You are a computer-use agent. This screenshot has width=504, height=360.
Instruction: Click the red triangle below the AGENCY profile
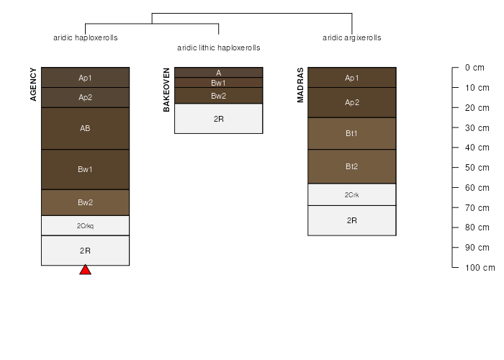(85, 270)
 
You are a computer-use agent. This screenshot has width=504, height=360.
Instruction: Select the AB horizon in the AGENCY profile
(85, 129)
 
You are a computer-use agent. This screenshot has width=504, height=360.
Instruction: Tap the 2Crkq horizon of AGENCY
(85, 225)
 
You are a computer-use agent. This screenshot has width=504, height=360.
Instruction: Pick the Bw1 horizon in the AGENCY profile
(85, 169)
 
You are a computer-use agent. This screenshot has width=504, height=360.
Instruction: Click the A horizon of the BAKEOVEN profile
(219, 73)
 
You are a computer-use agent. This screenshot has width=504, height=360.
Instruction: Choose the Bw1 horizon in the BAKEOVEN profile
(219, 83)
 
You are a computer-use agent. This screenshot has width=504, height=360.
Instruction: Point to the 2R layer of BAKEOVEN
(219, 119)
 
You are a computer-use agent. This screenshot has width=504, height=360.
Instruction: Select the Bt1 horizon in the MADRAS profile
(352, 133)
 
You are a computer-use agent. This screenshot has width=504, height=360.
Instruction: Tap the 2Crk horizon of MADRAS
(352, 195)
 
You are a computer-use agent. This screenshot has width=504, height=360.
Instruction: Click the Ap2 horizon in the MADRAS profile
(352, 102)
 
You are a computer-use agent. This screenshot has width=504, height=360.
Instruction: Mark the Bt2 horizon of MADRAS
(352, 166)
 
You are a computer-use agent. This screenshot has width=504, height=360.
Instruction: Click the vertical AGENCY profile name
(33, 84)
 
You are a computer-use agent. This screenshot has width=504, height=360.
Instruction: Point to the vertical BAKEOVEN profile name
(166, 90)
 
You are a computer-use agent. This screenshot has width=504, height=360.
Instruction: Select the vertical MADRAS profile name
(300, 85)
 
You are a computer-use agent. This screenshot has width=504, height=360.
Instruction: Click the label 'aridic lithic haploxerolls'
(219, 48)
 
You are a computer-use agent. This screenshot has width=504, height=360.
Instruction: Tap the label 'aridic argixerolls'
(352, 37)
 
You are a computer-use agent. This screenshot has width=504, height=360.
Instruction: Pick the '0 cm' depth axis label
(474, 68)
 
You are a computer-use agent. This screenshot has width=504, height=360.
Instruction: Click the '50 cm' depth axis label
(477, 168)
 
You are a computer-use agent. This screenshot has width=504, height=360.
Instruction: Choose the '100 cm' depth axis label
(480, 267)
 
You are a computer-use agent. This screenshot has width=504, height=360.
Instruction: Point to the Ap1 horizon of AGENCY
(85, 78)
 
